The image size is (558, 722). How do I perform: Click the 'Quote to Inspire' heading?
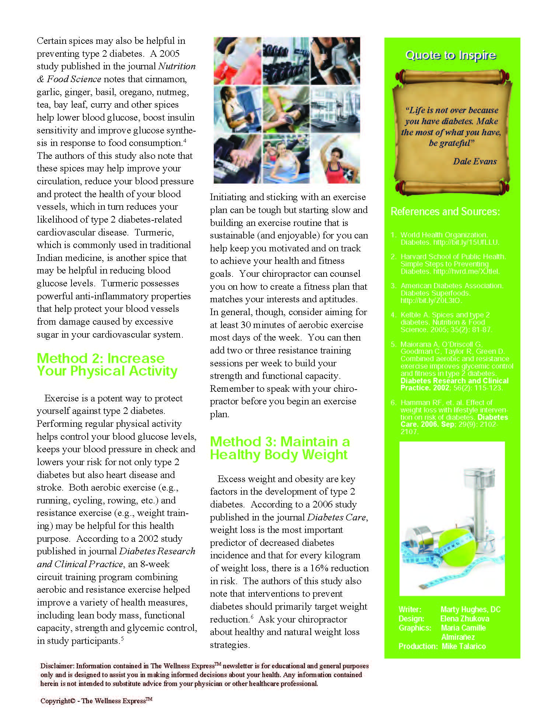[x=450, y=56]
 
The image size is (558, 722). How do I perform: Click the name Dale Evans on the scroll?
[x=475, y=161]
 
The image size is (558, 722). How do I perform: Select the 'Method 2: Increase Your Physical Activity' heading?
[x=107, y=365]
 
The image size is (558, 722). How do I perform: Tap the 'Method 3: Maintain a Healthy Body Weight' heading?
[x=280, y=448]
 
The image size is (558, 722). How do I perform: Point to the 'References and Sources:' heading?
[x=445, y=212]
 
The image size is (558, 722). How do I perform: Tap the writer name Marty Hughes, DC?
[x=470, y=610]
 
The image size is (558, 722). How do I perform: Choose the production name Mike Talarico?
[x=464, y=646]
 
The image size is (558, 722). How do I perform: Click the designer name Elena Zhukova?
[x=465, y=619]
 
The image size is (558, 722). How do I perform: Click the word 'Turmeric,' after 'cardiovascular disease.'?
[x=154, y=233]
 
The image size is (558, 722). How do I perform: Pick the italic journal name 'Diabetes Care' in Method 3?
[x=336, y=517]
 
